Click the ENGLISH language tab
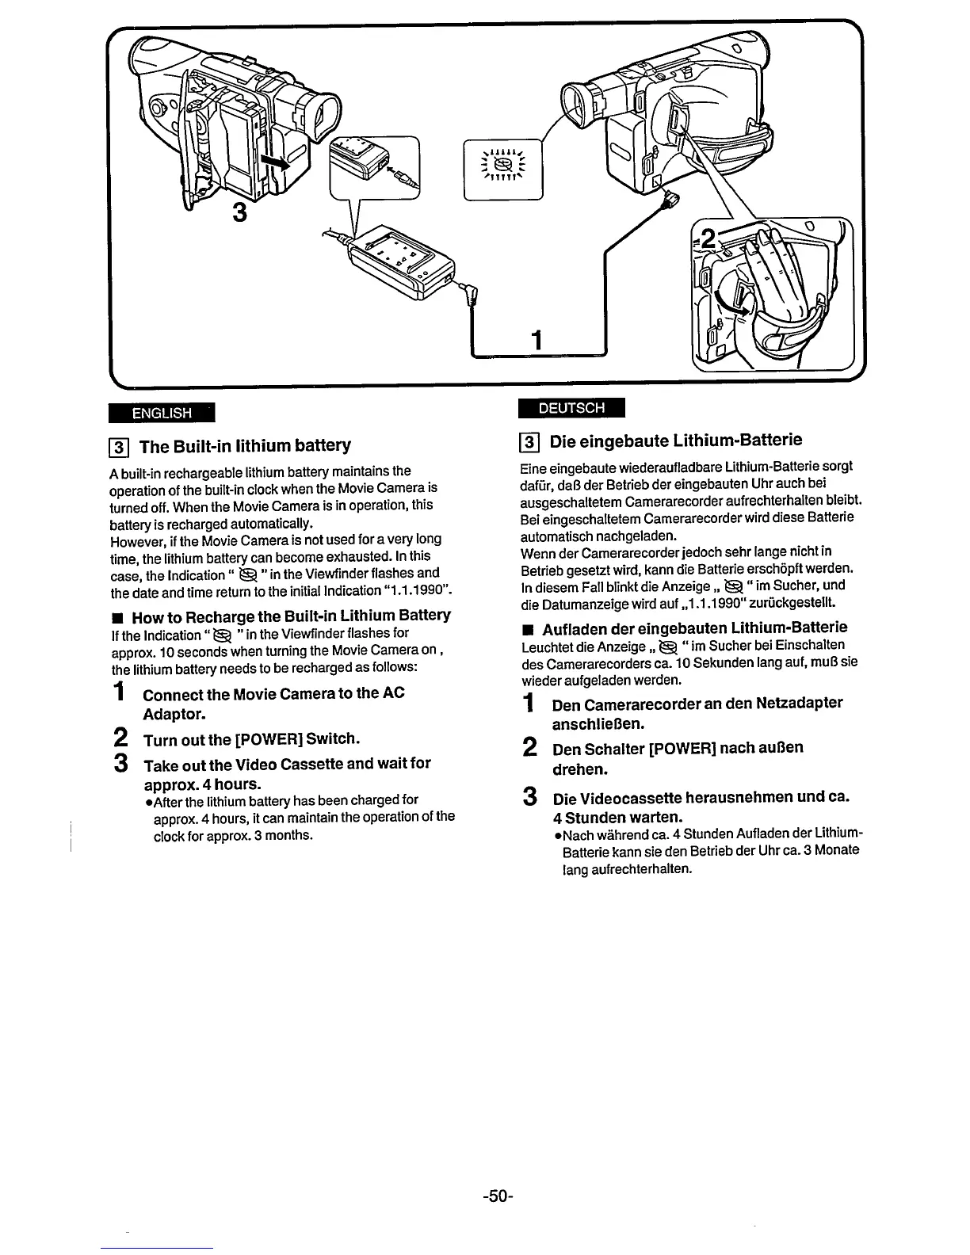coord(162,413)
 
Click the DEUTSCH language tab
coord(571,408)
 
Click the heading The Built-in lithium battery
coord(245,445)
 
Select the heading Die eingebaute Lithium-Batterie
coord(675,440)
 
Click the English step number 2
coord(120,739)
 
